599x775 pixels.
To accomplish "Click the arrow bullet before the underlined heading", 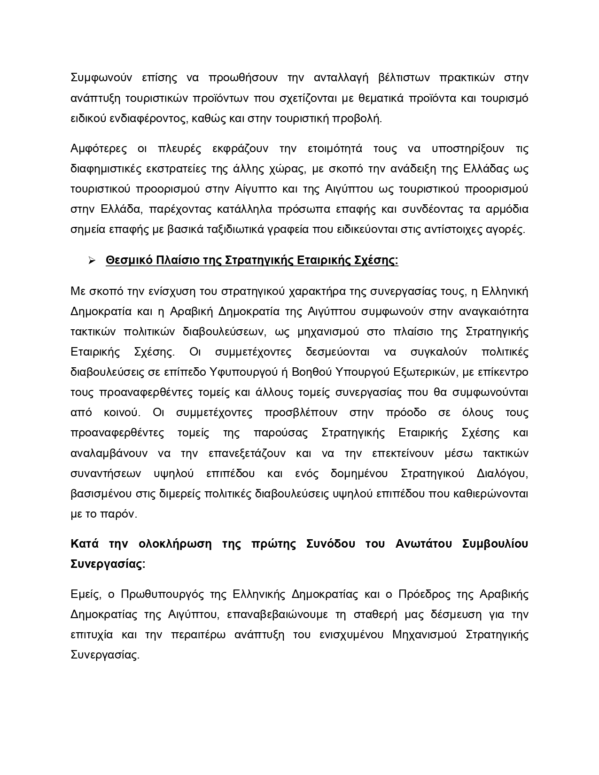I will [92, 261].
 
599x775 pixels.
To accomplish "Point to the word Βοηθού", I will [312, 372].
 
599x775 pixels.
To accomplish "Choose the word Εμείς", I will [86, 595].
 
